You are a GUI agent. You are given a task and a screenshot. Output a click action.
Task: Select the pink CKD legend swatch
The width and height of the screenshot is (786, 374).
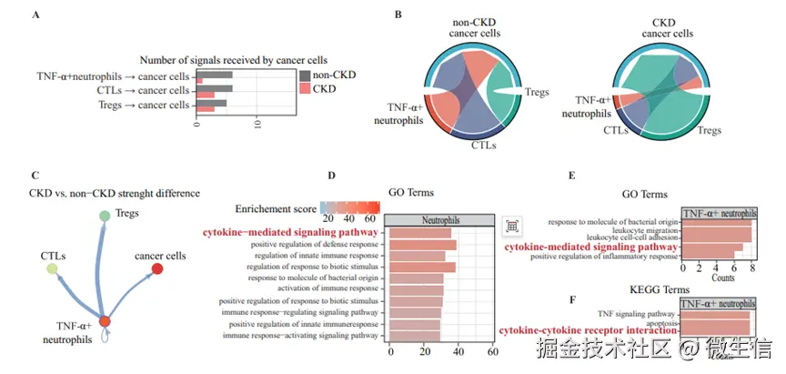pos(304,88)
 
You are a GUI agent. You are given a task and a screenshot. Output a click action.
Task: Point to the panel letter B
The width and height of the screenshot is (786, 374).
pos(398,15)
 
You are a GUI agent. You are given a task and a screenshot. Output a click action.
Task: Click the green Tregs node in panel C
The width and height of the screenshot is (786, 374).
pos(106,216)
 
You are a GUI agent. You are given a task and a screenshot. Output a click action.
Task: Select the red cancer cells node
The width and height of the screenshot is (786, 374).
pos(157,269)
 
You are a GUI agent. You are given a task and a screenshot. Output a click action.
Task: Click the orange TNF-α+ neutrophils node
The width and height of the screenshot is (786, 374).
pos(106,320)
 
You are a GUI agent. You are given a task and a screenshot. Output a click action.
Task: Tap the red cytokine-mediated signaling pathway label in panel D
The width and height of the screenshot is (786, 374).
pos(290,232)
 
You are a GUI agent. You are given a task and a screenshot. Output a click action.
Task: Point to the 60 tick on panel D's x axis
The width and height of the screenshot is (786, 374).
pos(491,351)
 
